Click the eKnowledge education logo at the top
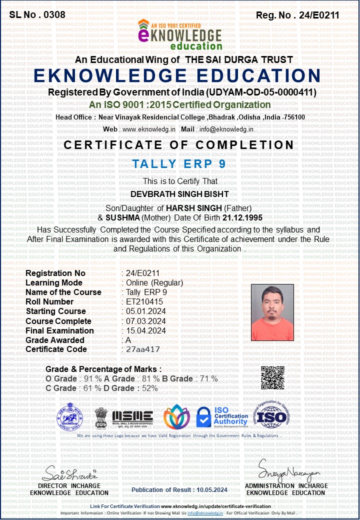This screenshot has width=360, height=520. pos(180,35)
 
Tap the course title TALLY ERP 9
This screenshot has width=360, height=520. pos(179,164)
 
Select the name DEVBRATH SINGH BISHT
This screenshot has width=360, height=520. pos(179,194)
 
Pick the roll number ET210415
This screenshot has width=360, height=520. pos(144,301)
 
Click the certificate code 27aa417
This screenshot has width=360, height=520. pos(143,349)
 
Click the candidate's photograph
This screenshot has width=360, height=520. pos(272,312)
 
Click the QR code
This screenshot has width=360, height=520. pos(273,377)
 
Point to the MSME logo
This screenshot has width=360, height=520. pos(132,416)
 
